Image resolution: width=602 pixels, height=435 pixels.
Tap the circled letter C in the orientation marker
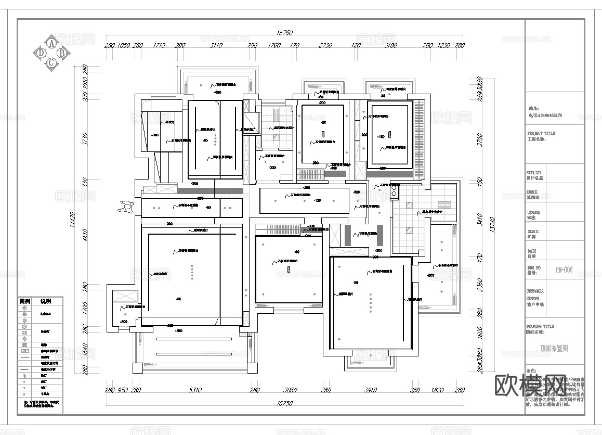pyautogui.click(x=51, y=62)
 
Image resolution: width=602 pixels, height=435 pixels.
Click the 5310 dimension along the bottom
pyautogui.click(x=195, y=390)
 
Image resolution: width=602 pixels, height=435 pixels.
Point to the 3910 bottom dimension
pyautogui.click(x=370, y=390)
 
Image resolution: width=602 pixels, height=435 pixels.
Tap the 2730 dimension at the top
pyautogui.click(x=325, y=46)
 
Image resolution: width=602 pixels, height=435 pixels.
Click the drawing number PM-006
pyautogui.click(x=564, y=270)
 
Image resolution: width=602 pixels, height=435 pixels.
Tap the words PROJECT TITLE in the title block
pyautogui.click(x=541, y=133)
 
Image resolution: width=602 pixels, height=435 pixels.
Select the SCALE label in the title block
pyautogui.click(x=533, y=232)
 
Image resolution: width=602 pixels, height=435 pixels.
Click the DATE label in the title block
pyautogui.click(x=532, y=251)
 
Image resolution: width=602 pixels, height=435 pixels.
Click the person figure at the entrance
pyautogui.click(x=125, y=207)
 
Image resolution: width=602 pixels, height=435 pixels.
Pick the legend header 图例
pyautogui.click(x=25, y=301)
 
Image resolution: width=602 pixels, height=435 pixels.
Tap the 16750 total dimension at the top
pyautogui.click(x=283, y=33)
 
